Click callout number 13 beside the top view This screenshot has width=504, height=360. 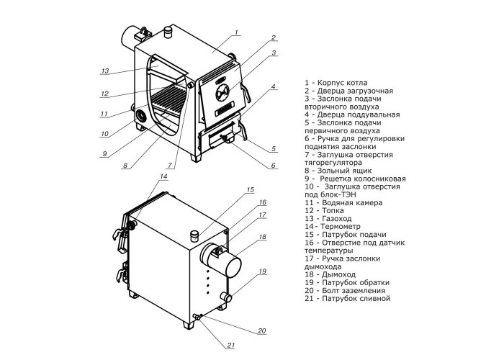105,71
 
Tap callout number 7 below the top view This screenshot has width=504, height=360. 170,166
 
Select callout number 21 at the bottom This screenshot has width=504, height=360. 231,346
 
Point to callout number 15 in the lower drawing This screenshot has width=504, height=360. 250,190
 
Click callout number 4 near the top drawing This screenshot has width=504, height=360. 273,86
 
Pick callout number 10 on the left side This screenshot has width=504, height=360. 104,134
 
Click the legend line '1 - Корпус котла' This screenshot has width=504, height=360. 336,83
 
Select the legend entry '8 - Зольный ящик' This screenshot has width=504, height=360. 338,171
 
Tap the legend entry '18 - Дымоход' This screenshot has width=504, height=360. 330,274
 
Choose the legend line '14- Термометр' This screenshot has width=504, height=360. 333,227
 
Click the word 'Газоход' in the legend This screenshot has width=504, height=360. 337,219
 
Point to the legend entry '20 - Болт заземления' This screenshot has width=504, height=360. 345,291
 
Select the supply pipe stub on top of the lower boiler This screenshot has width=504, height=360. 195,235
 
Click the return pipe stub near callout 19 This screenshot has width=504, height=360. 226,297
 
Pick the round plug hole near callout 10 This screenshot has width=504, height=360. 141,116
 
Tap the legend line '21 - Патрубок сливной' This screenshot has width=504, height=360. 348,299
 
